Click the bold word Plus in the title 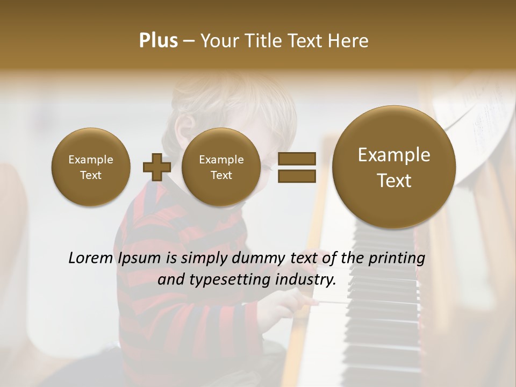(x=159, y=41)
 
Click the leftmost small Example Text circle (x=90, y=167)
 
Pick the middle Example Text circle (x=221, y=167)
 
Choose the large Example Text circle (x=394, y=167)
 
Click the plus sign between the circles (x=157, y=167)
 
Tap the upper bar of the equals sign (x=297, y=159)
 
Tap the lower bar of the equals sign (x=297, y=176)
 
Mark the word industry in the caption (x=306, y=280)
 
